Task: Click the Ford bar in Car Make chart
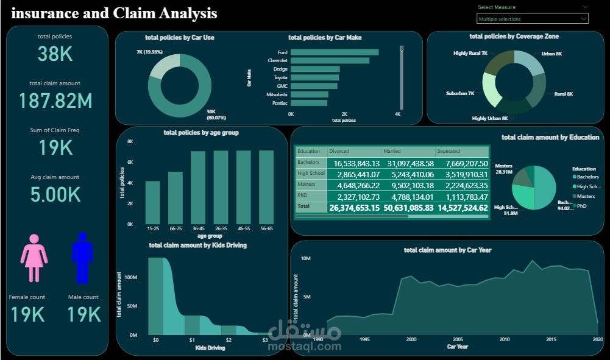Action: point(334,52)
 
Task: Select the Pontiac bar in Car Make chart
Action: point(308,103)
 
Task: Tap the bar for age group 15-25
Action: point(152,203)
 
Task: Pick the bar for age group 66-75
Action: point(176,198)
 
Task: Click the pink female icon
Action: point(34,258)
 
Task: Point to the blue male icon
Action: point(82,258)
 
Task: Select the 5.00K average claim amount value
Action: point(55,195)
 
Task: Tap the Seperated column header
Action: point(449,151)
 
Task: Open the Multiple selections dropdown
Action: point(532,19)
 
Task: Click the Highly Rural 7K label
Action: point(470,54)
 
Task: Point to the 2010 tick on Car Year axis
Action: point(504,339)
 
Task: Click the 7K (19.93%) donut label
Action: point(149,52)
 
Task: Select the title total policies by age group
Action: point(201,132)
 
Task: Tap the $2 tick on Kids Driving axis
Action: point(228,340)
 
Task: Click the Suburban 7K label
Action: point(459,94)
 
